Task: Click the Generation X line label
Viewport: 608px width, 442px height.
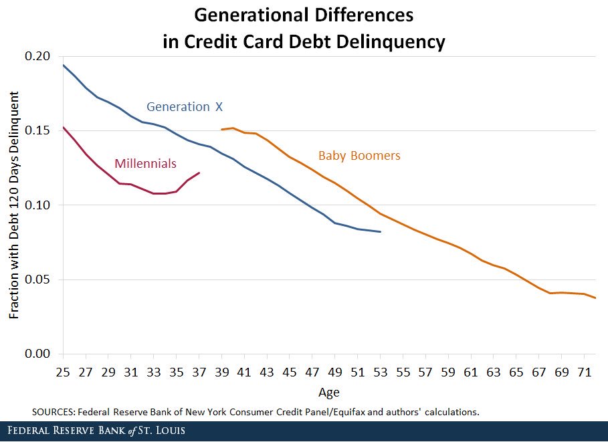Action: click(x=183, y=107)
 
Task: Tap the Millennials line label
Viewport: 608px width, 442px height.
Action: click(x=145, y=163)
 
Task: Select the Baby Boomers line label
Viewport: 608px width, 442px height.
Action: click(x=359, y=156)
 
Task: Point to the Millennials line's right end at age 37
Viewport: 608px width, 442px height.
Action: click(x=199, y=173)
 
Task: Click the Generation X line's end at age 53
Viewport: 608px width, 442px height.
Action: click(x=380, y=231)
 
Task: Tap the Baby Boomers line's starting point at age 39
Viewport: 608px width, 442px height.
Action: click(x=222, y=130)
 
